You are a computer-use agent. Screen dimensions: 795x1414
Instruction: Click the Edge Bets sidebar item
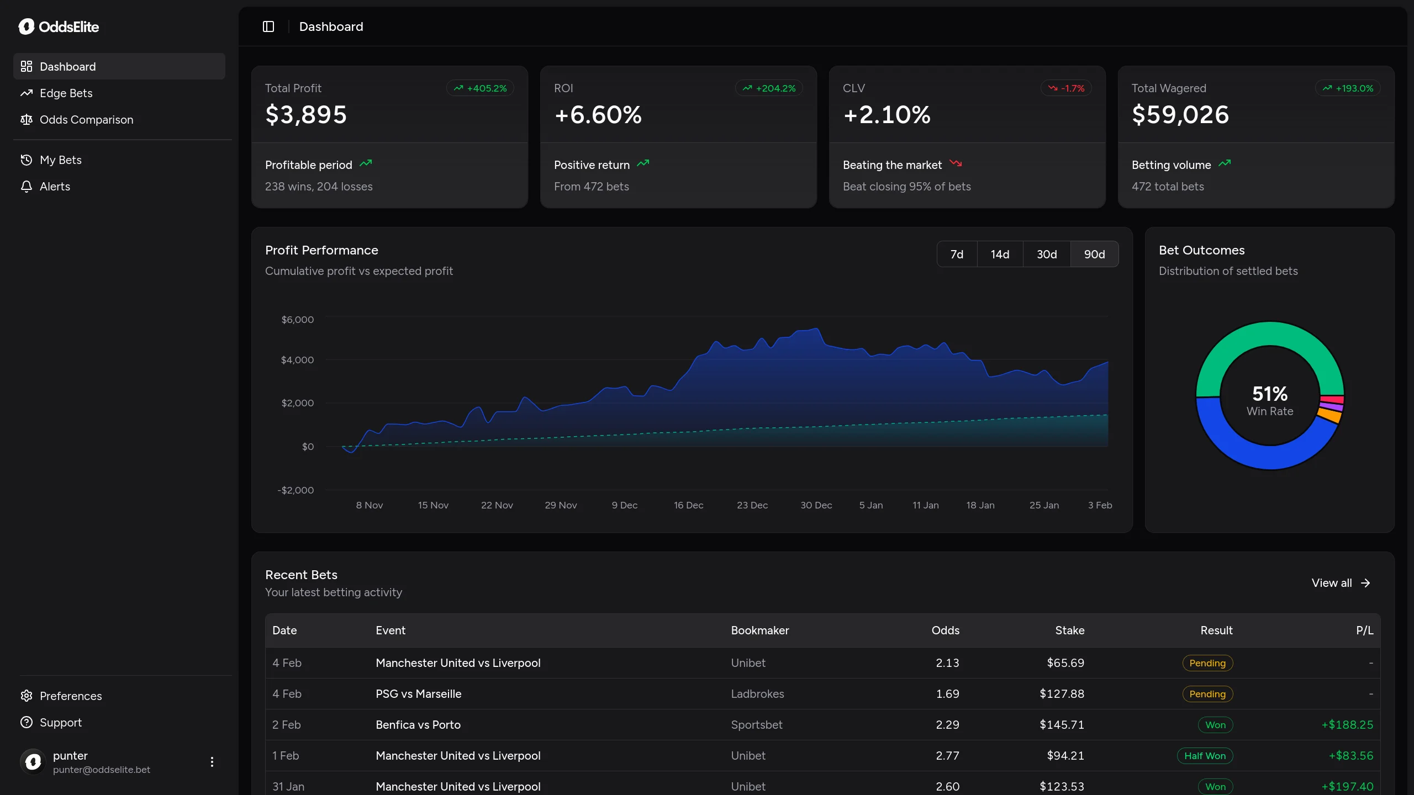[x=66, y=93]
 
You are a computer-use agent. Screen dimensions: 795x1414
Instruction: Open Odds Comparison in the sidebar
[x=86, y=120]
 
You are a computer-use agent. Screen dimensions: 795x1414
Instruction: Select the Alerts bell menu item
[x=55, y=187]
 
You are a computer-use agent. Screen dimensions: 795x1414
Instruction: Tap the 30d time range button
[x=1046, y=254]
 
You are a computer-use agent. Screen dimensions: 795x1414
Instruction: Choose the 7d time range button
[x=957, y=254]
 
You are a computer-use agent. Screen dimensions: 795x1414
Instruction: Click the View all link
[x=1341, y=583]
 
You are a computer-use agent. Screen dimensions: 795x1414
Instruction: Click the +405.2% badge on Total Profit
[x=480, y=88]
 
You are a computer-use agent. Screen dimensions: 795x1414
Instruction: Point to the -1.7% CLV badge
[x=1066, y=88]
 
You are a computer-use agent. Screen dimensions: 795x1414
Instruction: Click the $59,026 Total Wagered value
[x=1180, y=115]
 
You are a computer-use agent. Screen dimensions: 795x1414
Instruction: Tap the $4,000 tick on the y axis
[x=297, y=360]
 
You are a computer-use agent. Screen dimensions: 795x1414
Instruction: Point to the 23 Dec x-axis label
[x=752, y=505]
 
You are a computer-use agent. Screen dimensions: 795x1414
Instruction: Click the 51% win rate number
[x=1269, y=394]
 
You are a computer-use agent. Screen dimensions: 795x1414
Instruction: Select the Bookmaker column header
[x=759, y=630]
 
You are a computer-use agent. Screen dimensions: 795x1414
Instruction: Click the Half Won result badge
[x=1205, y=756]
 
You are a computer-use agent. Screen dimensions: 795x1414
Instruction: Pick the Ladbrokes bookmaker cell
[x=757, y=694]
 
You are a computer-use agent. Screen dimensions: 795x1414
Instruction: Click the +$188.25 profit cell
[x=1347, y=725]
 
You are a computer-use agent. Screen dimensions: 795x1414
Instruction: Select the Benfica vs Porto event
[x=418, y=725]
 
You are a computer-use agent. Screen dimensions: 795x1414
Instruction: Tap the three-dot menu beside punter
[x=212, y=762]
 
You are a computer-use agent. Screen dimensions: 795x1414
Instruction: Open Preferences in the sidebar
[x=71, y=696]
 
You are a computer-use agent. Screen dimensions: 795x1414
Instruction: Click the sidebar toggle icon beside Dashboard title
[x=268, y=26]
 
